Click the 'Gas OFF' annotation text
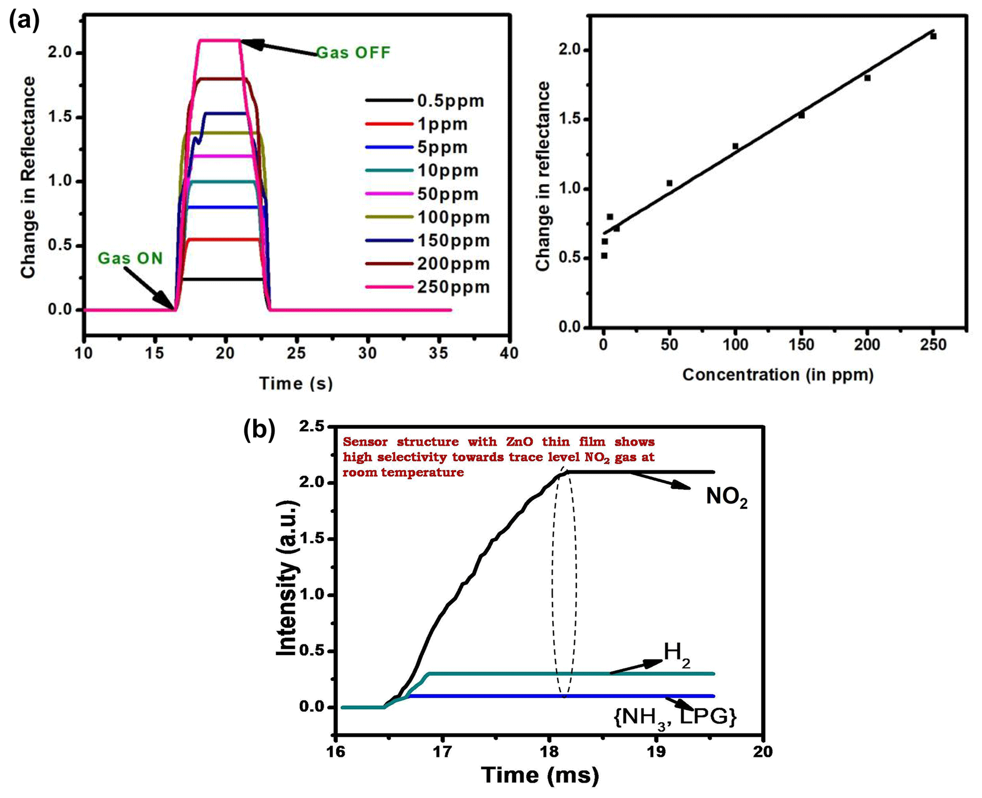pos(353,52)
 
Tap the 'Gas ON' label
pos(130,258)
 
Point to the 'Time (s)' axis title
pos(296,383)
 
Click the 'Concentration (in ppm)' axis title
pos(778,375)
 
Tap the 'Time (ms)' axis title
pos(540,775)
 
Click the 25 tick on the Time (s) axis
pos(296,353)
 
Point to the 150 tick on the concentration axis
pos(801,344)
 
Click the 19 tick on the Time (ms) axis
pos(657,751)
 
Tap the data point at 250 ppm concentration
pos(933,36)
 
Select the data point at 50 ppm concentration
pos(669,183)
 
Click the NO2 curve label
pos(726,497)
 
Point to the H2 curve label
pos(677,653)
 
